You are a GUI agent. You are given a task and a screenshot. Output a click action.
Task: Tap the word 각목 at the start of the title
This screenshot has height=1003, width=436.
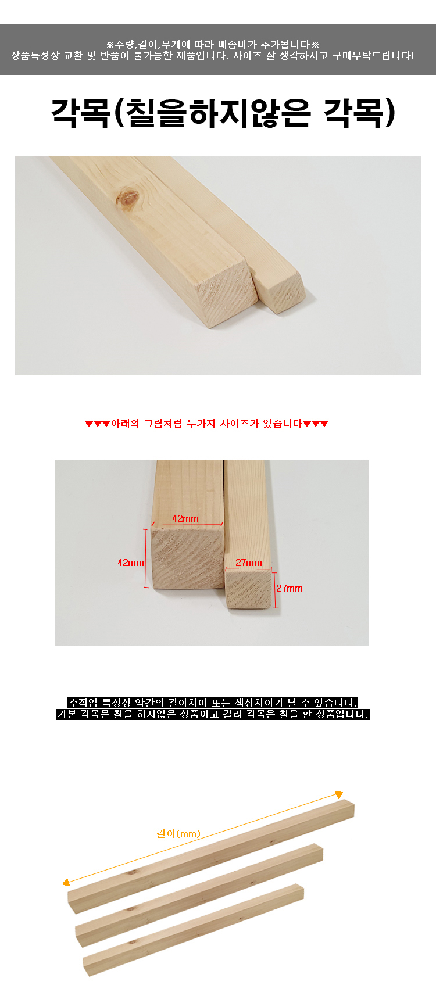80,113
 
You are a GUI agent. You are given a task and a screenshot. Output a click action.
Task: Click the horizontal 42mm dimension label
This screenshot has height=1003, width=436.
185,518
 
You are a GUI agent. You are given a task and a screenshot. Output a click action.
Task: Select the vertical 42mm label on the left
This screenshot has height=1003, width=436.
131,563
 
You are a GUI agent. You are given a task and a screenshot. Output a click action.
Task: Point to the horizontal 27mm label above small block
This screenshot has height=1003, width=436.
249,563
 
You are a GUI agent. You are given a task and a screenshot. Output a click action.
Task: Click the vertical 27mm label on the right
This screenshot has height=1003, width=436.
290,588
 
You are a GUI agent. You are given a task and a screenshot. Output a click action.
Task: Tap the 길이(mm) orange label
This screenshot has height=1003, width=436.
178,833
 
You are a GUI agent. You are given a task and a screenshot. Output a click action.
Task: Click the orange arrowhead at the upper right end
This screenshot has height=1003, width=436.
339,795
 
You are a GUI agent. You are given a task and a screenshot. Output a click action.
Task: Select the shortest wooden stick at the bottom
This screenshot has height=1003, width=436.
193,929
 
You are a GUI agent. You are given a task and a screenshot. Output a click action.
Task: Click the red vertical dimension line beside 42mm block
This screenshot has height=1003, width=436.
146,558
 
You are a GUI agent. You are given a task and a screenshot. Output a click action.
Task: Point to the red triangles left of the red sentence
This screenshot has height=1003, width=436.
97,424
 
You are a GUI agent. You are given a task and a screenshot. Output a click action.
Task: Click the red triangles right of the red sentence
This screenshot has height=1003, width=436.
316,424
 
